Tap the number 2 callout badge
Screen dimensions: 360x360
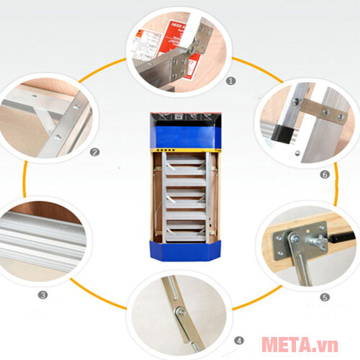pyautogui.click(x=94, y=151)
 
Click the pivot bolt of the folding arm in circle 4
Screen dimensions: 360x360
pyautogui.click(x=179, y=311)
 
